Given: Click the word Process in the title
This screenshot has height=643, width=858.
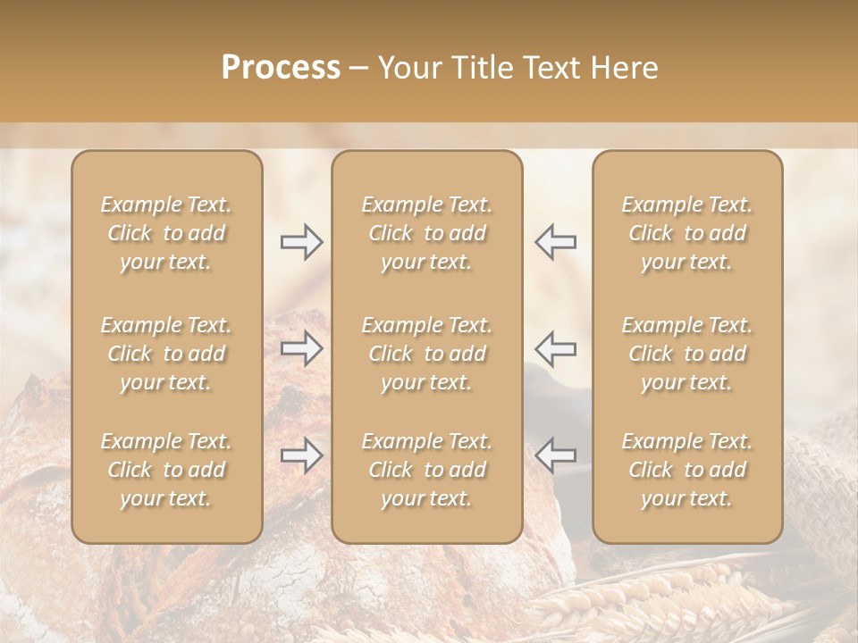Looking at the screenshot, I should coord(281,68).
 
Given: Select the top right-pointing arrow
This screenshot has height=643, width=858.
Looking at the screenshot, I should coord(301,241).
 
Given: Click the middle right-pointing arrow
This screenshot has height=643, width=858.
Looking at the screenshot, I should coord(301,348).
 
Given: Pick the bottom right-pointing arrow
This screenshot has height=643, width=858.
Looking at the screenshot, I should coord(301,455).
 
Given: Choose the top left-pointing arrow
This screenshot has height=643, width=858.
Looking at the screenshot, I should coord(556,241).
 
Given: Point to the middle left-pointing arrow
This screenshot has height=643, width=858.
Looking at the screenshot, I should coord(556,348).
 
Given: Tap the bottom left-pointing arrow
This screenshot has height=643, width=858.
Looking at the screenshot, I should coord(556,455).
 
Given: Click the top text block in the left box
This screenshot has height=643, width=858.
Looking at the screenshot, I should coord(166,233).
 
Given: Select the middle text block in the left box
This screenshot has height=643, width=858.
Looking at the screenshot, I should coord(166,354).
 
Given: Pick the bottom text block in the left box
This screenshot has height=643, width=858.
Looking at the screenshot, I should coord(166,470).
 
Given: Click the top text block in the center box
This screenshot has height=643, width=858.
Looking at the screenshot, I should coord(427,233).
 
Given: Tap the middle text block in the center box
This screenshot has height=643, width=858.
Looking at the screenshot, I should coord(427,354).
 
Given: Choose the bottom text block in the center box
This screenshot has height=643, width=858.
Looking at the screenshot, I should coord(427,470).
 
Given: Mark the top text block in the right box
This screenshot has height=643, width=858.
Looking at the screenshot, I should coord(687,233).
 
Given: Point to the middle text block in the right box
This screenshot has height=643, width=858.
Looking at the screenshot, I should coord(687,354).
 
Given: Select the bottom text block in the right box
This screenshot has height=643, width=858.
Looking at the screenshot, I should coord(687,470).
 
